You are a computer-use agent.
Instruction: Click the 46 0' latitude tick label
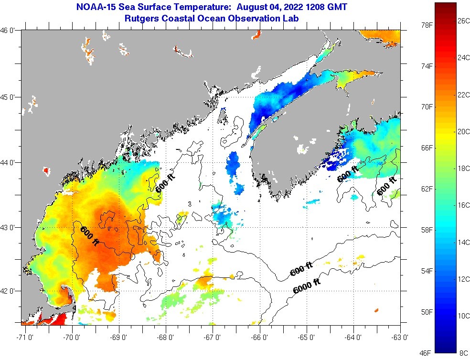[x=9, y=31]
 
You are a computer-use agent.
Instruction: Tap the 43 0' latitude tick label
[x=9, y=227]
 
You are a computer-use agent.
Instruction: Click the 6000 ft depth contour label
[x=306, y=285]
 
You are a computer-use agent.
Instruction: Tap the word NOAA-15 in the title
[x=97, y=8]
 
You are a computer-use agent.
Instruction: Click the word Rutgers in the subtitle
[x=141, y=19]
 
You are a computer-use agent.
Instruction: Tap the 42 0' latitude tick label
[x=9, y=291]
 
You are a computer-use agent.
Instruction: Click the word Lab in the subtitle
[x=299, y=19]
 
